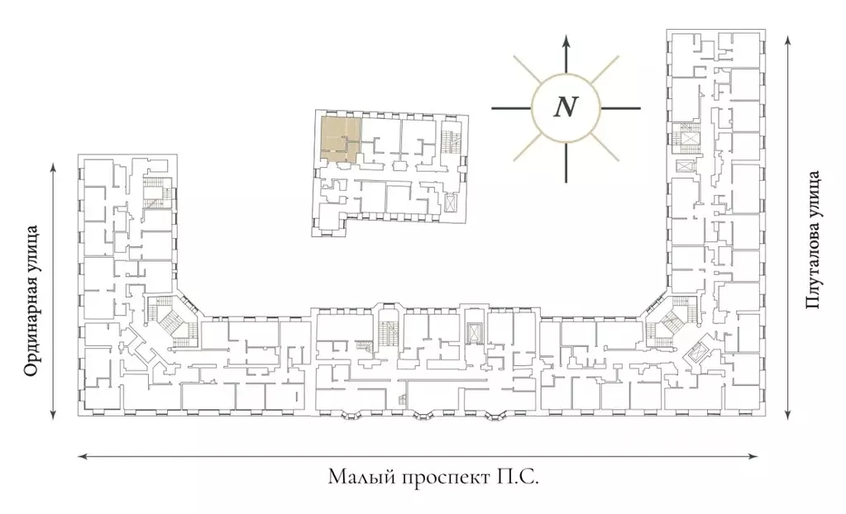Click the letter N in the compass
click(x=566, y=107)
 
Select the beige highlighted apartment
click(x=340, y=140)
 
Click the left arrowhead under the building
click(x=83, y=457)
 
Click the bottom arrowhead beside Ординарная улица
click(x=53, y=414)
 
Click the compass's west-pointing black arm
click(x=511, y=108)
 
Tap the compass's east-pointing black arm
click(x=620, y=108)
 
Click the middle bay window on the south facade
click(x=423, y=416)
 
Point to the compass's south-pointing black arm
click(x=566, y=162)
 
